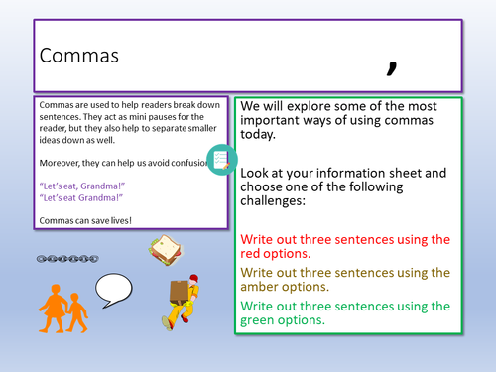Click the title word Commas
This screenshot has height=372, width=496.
pyautogui.click(x=78, y=56)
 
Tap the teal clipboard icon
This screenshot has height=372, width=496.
pyautogui.click(x=222, y=159)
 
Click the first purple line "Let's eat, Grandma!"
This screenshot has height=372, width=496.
pyautogui.click(x=83, y=183)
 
